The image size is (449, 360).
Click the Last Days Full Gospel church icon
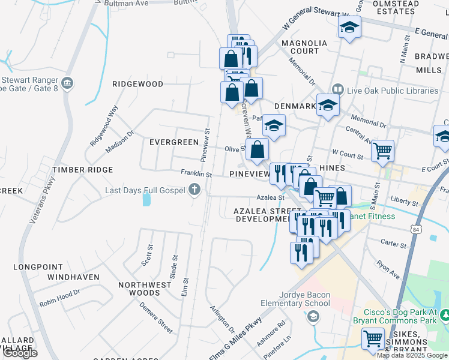pyautogui.click(x=193, y=190)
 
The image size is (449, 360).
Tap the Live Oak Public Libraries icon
pyautogui.click(x=337, y=91)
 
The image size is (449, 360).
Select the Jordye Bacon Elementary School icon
pyautogui.click(x=313, y=316)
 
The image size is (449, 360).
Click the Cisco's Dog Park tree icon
pyautogui.click(x=445, y=314)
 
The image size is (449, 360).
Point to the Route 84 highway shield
pyautogui.click(x=417, y=229)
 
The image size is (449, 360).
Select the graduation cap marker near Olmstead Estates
pyautogui.click(x=349, y=27)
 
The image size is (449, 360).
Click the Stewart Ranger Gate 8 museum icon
pyautogui.click(x=67, y=82)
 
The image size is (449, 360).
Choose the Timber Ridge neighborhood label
pyautogui.click(x=82, y=170)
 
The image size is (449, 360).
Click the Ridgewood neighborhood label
pyautogui.click(x=137, y=84)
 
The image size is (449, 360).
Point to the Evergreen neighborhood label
pyautogui.click(x=173, y=142)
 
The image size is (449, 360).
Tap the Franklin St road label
pyautogui.click(x=196, y=173)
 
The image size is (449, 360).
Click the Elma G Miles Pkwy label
pyautogui.click(x=235, y=340)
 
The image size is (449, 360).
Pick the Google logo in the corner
pyautogui.click(x=19, y=353)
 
